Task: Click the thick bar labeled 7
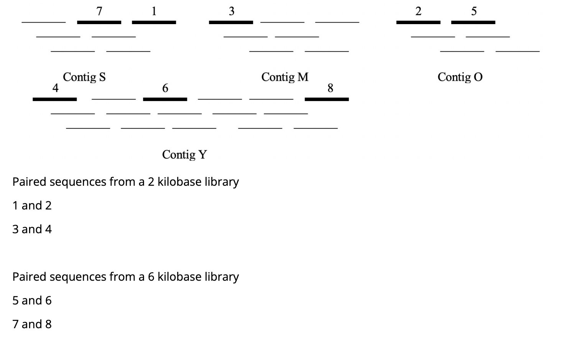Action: click(x=99, y=22)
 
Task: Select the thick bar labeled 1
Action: click(x=154, y=22)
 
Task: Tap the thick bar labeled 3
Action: click(x=231, y=22)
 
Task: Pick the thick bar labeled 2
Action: click(x=418, y=22)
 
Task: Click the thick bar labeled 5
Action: click(x=473, y=22)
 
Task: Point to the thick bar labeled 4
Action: click(x=54, y=99)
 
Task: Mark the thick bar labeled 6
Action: click(x=165, y=99)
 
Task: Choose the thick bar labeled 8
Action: click(x=326, y=99)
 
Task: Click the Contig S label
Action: click(x=84, y=77)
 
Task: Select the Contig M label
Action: click(x=285, y=77)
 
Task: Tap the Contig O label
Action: click(x=460, y=77)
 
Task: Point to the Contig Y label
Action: click(x=184, y=154)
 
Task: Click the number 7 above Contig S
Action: click(x=99, y=11)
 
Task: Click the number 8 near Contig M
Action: click(x=330, y=88)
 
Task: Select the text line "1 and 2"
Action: click(x=32, y=206)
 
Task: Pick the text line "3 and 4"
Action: click(x=32, y=229)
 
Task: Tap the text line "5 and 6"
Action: click(x=32, y=301)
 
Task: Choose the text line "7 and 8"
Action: click(x=32, y=324)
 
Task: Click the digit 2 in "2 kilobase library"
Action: click(x=151, y=182)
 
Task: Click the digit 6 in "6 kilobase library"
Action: click(x=151, y=277)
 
